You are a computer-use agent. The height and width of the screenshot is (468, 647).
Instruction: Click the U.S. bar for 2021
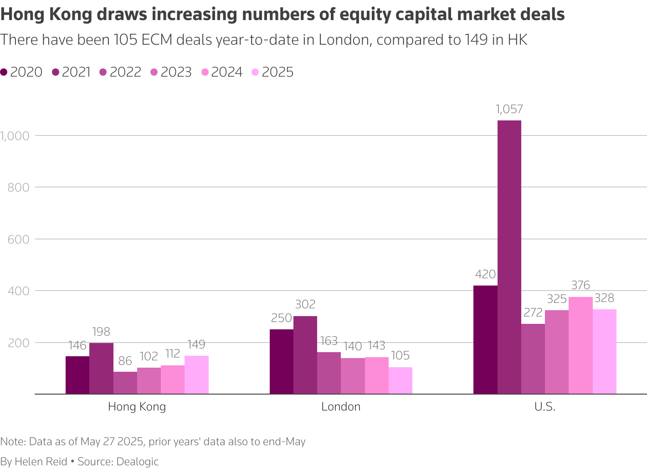pyautogui.click(x=509, y=257)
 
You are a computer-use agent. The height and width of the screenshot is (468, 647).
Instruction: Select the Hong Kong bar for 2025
pyautogui.click(x=196, y=374)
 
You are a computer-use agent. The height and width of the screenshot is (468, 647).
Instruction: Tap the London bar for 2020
pyautogui.click(x=281, y=361)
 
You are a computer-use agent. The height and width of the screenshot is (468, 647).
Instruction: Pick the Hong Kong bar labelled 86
pyautogui.click(x=125, y=383)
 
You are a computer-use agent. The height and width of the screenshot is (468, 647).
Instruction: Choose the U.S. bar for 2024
pyautogui.click(x=580, y=345)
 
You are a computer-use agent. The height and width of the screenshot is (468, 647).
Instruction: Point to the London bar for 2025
pyautogui.click(x=401, y=380)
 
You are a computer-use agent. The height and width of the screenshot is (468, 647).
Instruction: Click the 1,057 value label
pyautogui.click(x=509, y=109)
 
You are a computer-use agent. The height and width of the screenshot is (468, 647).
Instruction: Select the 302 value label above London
pyautogui.click(x=305, y=304)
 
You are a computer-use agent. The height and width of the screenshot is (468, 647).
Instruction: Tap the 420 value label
pyautogui.click(x=485, y=275)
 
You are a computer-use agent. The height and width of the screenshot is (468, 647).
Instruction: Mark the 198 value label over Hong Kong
pyautogui.click(x=101, y=332)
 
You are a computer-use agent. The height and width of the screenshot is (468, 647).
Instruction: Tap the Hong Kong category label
pyautogui.click(x=137, y=406)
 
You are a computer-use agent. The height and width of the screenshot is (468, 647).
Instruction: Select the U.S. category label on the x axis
pyautogui.click(x=545, y=406)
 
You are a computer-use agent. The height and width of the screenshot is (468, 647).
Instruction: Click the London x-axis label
pyautogui.click(x=341, y=406)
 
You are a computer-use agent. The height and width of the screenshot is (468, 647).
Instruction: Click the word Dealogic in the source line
pyautogui.click(x=138, y=461)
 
